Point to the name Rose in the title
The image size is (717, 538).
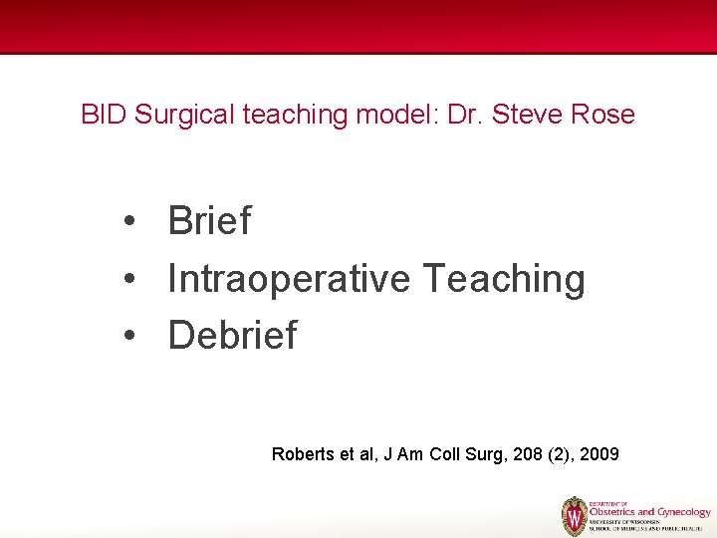pos(602,115)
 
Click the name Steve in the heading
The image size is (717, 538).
pos(529,115)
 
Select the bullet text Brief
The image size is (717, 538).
pos(209,221)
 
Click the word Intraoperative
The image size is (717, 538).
pos(289,279)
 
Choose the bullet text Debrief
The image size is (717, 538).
pos(232,336)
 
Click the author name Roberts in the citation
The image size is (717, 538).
pos(302,454)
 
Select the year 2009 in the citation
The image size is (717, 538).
pos(598,454)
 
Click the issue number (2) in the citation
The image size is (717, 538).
pos(555,454)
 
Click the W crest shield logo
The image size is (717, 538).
pos(575,516)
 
